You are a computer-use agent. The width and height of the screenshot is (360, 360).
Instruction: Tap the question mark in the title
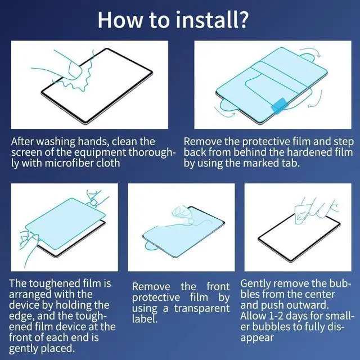click(241, 20)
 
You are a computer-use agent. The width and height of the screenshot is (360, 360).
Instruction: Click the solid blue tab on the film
click(279, 105)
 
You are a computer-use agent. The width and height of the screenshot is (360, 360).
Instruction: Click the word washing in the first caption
click(56, 142)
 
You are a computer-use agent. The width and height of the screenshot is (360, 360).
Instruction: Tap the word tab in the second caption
click(291, 163)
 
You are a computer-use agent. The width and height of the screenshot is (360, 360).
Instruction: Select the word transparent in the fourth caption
click(202, 308)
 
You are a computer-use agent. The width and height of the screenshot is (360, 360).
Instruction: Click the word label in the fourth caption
click(145, 319)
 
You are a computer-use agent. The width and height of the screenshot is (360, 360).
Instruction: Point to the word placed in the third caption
click(57, 349)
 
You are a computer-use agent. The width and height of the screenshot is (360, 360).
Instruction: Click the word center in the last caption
click(319, 295)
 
